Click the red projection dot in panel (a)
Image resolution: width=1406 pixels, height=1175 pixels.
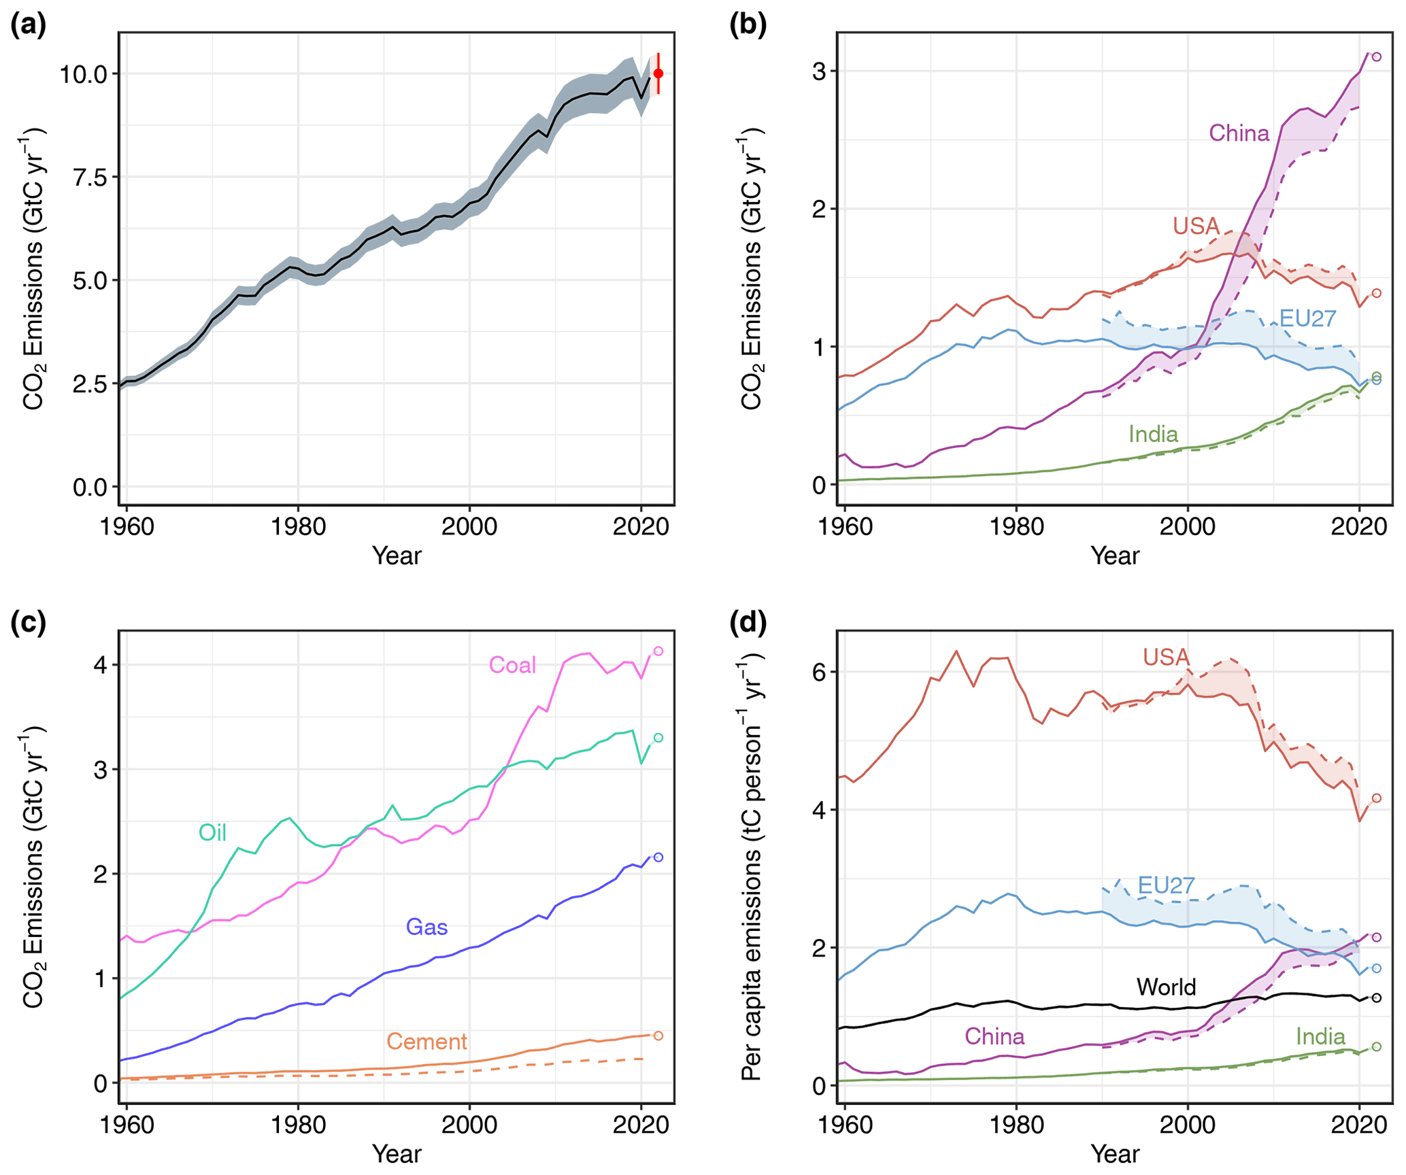tap(658, 73)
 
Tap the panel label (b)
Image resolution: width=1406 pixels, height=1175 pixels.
tap(748, 25)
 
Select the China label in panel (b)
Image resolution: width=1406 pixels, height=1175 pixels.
tap(1239, 133)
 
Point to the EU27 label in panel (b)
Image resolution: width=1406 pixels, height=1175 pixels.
tap(1307, 318)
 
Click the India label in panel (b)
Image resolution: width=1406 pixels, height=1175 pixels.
tap(1153, 434)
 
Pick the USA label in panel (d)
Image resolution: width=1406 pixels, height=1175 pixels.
tap(1166, 657)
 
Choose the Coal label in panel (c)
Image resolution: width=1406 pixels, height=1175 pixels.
tap(512, 665)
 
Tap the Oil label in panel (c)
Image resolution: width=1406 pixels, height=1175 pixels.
tap(212, 832)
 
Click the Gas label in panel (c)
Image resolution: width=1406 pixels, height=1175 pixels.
tap(426, 927)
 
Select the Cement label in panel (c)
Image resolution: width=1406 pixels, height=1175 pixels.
tap(426, 1041)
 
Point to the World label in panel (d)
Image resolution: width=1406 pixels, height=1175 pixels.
tap(1166, 987)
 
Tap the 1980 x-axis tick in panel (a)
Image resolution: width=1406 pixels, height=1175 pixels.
tap(298, 527)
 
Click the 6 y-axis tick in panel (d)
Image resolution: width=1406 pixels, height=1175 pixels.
tap(820, 672)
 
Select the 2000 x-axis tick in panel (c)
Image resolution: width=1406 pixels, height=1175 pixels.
tap(469, 1125)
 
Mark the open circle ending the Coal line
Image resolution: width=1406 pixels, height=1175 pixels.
tap(658, 651)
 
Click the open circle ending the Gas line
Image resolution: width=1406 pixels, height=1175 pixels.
tap(658, 857)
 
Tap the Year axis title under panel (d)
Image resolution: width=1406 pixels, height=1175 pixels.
tap(1115, 1154)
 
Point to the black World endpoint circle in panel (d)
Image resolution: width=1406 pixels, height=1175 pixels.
tap(1376, 998)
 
